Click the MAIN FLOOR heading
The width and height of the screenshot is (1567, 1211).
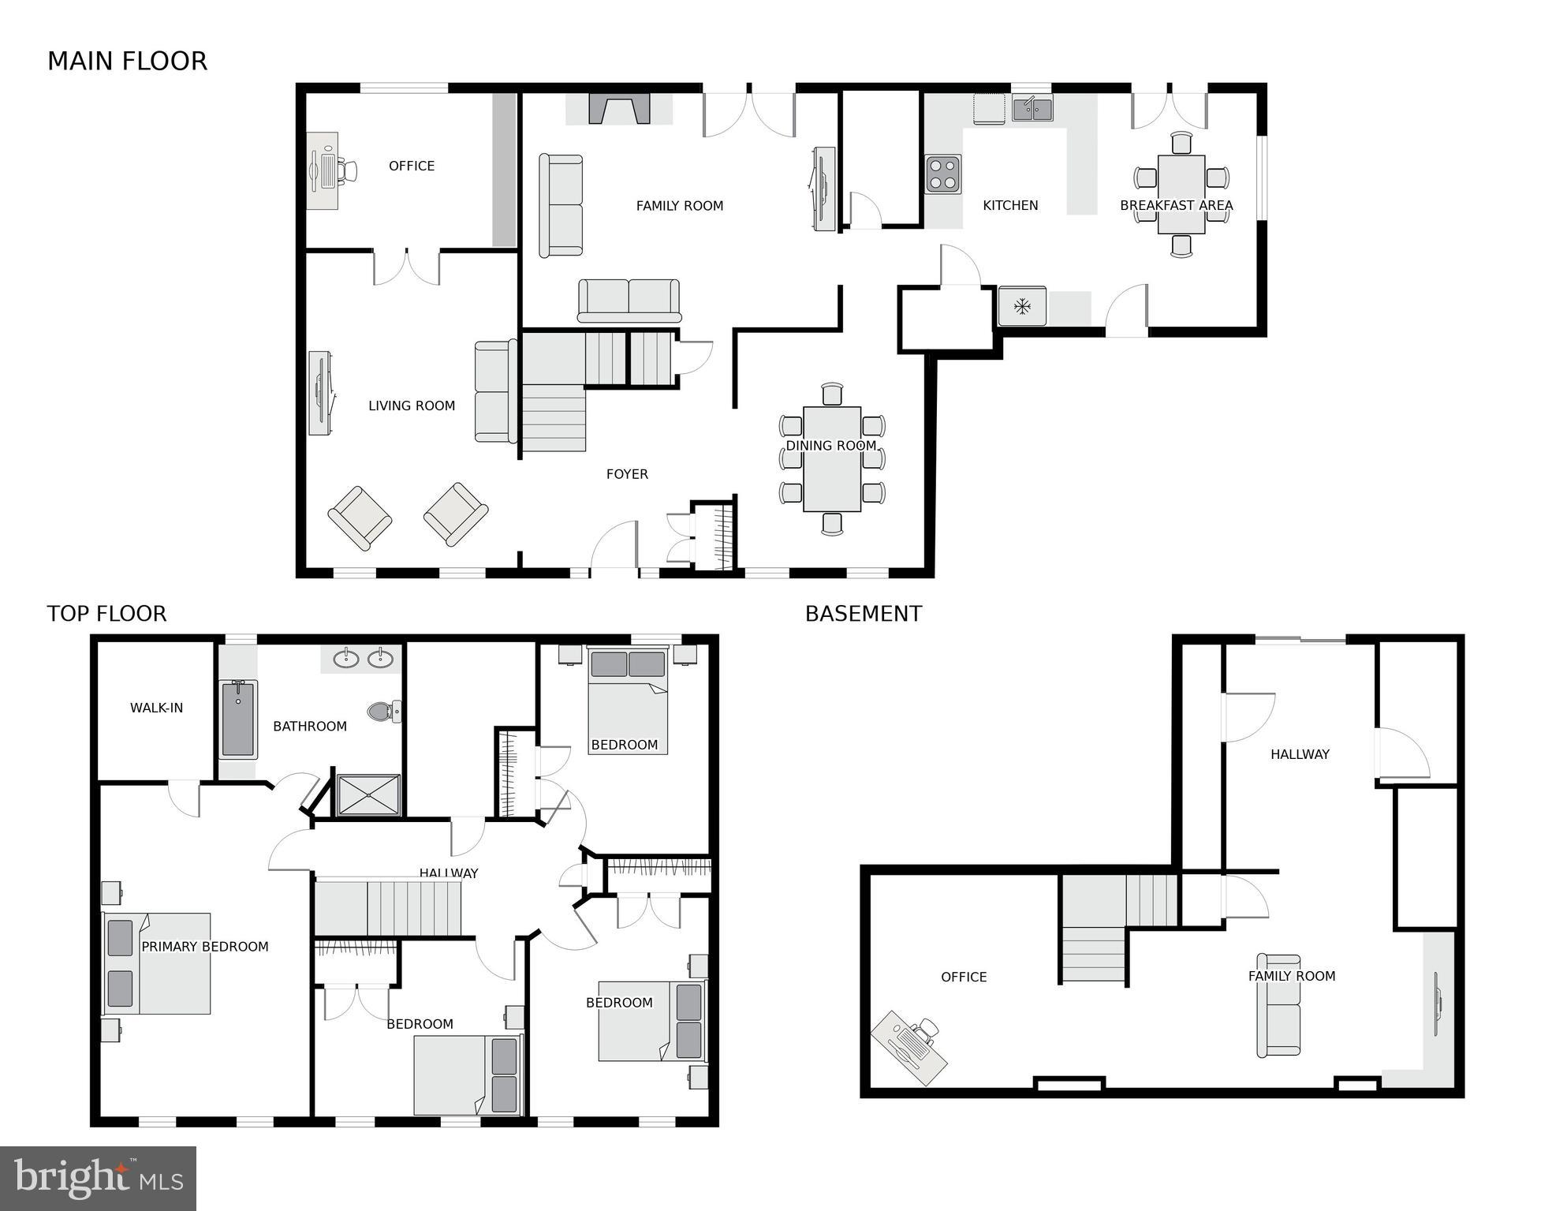[127, 62]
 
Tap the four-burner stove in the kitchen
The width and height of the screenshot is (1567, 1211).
[942, 174]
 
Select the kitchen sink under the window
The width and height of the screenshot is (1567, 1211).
[1032, 109]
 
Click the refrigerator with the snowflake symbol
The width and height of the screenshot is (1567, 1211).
[1022, 306]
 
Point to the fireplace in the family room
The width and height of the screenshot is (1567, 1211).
[620, 109]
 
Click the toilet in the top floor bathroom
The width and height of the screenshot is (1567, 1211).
[384, 711]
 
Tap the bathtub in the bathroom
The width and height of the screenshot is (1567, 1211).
[238, 719]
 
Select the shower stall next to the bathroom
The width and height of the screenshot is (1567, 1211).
[368, 794]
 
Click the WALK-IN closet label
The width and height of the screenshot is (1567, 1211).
[156, 708]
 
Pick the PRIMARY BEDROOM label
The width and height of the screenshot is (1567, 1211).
[205, 947]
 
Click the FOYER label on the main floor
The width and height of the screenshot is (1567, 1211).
[627, 474]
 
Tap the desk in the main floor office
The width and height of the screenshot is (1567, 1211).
[323, 170]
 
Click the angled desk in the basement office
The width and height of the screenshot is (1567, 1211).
[908, 1048]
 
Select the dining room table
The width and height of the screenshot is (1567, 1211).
[832, 459]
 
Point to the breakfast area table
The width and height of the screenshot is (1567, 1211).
[1181, 194]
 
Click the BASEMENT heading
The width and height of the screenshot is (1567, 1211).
[863, 614]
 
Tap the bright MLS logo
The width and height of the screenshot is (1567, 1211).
[98, 1179]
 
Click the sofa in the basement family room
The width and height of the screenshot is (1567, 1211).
[1278, 1005]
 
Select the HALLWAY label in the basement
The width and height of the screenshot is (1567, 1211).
[1300, 754]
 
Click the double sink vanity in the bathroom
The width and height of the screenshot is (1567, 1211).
[363, 659]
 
